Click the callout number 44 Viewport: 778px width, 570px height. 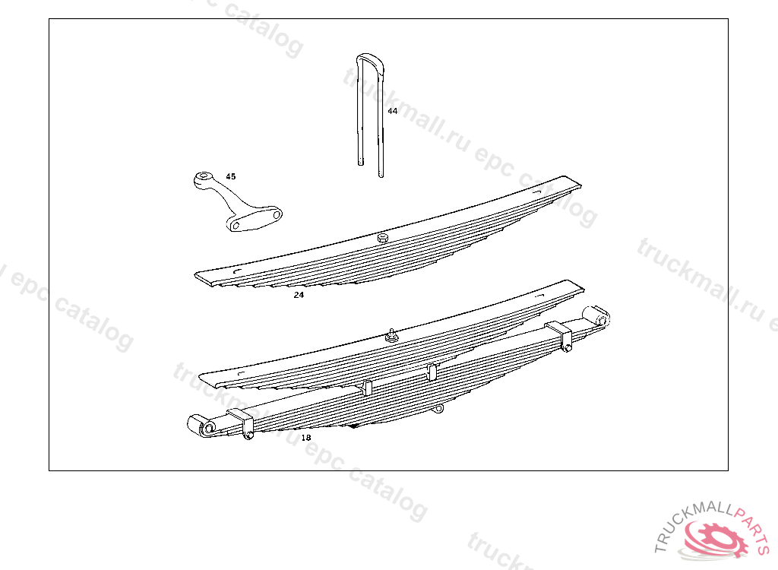click(x=392, y=111)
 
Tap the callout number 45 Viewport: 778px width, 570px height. click(x=231, y=176)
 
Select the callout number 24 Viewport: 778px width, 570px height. click(x=299, y=295)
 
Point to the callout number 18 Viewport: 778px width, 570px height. click(x=305, y=438)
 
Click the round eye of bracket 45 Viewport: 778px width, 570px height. click(x=202, y=178)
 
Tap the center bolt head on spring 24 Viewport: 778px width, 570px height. click(x=383, y=239)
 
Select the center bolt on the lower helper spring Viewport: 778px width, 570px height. click(x=392, y=335)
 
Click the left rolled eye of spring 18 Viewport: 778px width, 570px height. click(x=206, y=429)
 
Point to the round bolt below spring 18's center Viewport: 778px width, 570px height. click(x=438, y=410)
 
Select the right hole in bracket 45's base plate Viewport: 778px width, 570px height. click(x=277, y=216)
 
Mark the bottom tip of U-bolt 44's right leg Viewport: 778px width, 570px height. click(x=381, y=175)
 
